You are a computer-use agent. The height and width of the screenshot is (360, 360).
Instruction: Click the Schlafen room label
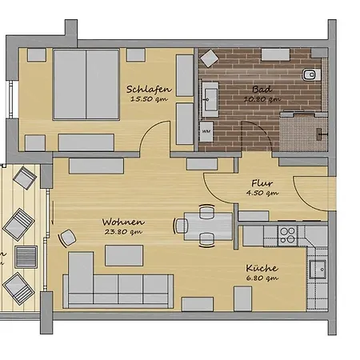click(x=149, y=89)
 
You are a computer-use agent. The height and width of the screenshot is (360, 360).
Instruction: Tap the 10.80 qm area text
click(x=262, y=99)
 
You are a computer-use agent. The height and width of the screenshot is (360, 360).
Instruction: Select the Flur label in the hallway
click(x=262, y=183)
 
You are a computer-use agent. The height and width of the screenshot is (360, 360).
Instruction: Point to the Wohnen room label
click(x=123, y=222)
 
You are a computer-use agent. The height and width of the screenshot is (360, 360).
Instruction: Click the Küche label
click(x=262, y=268)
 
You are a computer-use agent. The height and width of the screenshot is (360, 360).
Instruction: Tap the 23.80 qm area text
click(x=123, y=232)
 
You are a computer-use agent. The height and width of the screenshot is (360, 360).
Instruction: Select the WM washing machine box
click(x=206, y=131)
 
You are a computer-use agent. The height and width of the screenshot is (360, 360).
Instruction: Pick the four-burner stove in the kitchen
click(x=287, y=235)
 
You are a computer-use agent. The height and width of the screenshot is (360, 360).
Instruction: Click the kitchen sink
click(x=318, y=270)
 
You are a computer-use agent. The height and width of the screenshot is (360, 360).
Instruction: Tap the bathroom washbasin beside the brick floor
click(x=210, y=99)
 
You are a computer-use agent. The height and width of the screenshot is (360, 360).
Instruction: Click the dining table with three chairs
click(x=208, y=226)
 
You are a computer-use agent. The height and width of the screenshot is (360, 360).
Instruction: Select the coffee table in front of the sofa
click(x=124, y=255)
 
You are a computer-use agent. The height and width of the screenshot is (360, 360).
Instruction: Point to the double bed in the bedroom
click(x=86, y=84)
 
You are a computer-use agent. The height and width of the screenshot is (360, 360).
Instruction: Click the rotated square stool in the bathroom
click(x=210, y=58)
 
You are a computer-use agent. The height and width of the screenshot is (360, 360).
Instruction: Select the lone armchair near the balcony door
click(x=66, y=238)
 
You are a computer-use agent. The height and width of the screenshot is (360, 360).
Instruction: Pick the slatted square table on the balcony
click(x=26, y=257)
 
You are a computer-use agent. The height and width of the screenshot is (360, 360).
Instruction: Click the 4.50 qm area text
click(x=262, y=193)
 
